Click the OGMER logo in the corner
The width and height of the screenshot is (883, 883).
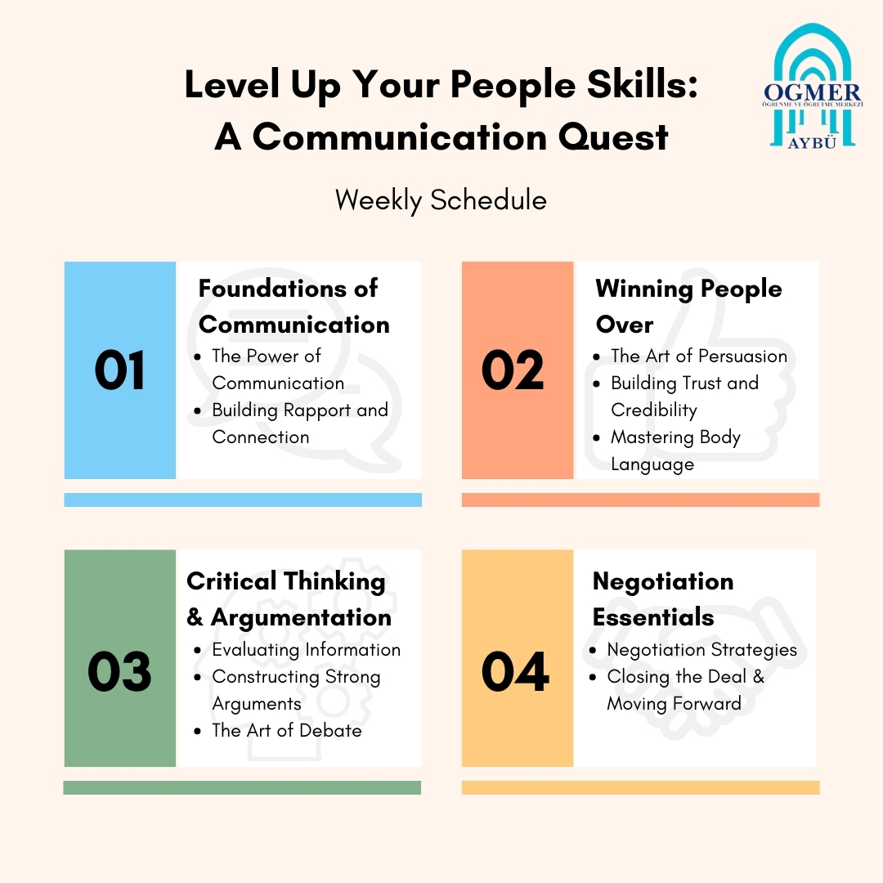tap(813, 87)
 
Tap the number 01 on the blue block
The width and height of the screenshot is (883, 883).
tap(119, 370)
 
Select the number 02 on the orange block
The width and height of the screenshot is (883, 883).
tap(513, 370)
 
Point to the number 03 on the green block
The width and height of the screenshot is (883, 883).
tap(119, 670)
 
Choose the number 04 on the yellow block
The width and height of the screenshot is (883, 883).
tap(515, 670)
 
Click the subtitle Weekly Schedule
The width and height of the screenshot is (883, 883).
tap(441, 200)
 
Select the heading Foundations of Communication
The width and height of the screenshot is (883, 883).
tap(294, 307)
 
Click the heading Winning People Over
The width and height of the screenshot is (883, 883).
tap(688, 307)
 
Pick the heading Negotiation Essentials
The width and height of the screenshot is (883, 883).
tap(663, 599)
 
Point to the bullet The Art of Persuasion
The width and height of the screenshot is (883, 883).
tap(699, 356)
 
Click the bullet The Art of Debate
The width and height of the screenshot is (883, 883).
tap(287, 730)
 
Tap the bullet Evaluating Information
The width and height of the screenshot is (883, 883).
tap(307, 649)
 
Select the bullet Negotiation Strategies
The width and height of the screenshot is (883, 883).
tap(701, 650)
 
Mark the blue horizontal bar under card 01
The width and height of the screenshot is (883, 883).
tap(243, 500)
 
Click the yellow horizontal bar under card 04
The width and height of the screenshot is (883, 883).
tap(640, 787)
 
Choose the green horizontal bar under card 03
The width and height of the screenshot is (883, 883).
tap(242, 787)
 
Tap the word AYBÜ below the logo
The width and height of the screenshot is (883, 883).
tap(812, 143)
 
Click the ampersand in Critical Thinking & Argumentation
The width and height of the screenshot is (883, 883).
tap(195, 617)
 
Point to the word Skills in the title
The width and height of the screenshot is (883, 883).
tap(643, 84)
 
